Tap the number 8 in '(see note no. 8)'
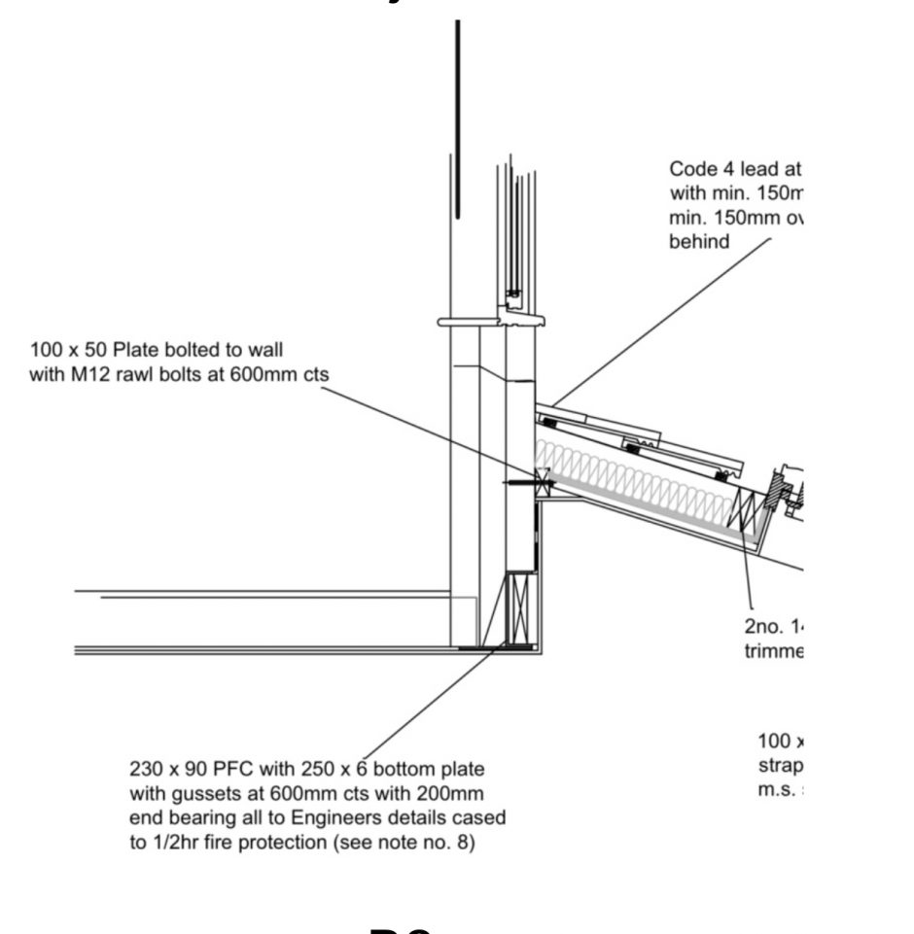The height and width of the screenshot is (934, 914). click(461, 843)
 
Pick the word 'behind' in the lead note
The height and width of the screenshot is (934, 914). click(698, 241)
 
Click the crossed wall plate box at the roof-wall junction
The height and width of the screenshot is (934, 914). click(542, 481)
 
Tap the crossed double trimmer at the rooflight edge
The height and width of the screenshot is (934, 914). click(747, 511)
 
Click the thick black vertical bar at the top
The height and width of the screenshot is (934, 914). click(457, 117)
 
